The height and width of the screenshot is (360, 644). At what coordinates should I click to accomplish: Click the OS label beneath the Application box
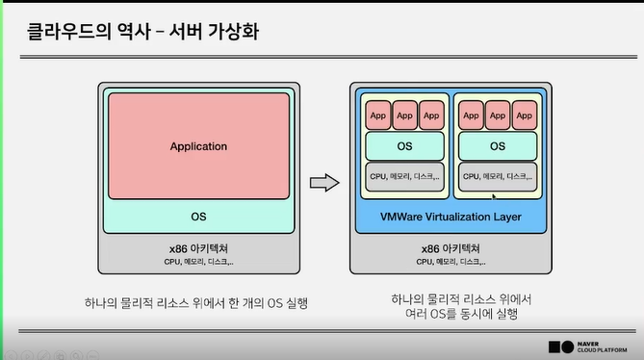pos(198,216)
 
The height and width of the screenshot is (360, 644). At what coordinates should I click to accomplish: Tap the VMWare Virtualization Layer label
pos(452,217)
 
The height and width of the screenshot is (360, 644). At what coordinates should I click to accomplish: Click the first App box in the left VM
pos(377,116)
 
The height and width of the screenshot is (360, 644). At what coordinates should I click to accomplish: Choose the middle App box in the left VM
pos(404,116)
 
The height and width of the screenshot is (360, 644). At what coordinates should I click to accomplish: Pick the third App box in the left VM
pos(430,116)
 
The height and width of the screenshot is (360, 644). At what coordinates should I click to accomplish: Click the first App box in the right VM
pos(471,116)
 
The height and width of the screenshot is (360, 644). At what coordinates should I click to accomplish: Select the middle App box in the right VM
pos(498,116)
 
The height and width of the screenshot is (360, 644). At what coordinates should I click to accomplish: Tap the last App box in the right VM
pos(524,116)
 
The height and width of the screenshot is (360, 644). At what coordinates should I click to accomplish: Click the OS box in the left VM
pos(404,146)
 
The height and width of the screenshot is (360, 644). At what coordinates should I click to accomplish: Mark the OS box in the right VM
pos(498,146)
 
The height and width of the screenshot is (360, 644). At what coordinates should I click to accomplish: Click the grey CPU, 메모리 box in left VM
pos(404,177)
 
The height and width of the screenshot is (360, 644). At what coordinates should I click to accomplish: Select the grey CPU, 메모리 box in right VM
pos(498,177)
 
